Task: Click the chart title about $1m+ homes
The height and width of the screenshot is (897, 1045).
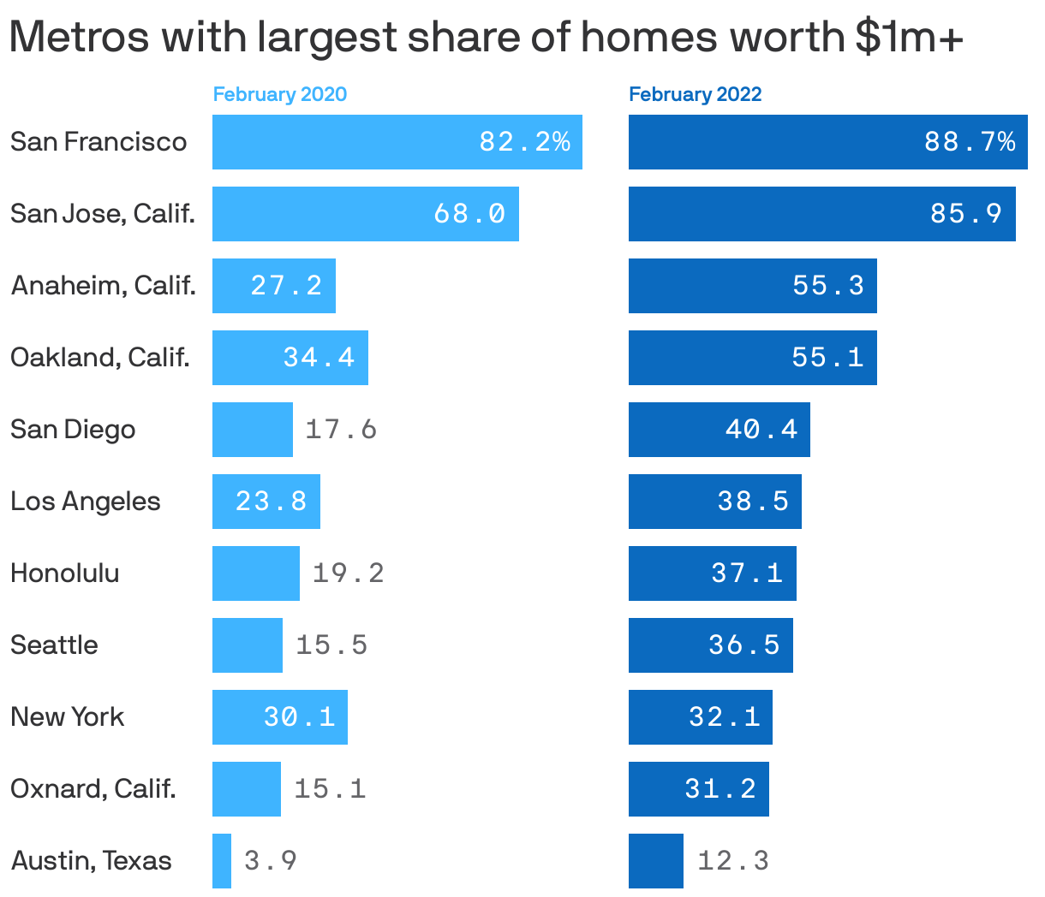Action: click(x=487, y=37)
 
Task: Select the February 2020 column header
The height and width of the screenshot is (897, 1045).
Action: click(x=280, y=94)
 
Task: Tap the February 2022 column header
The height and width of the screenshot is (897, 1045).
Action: click(x=695, y=94)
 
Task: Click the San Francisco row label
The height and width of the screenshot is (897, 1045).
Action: click(x=99, y=141)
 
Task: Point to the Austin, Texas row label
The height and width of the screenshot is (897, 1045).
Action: click(x=91, y=860)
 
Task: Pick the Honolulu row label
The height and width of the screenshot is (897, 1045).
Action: click(x=65, y=573)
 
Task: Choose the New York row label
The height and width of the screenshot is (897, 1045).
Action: click(x=68, y=716)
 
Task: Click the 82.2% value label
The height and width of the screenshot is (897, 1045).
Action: click(x=524, y=141)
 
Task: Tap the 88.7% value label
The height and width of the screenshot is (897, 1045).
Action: click(x=970, y=141)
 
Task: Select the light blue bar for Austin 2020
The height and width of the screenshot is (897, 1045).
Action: click(x=222, y=860)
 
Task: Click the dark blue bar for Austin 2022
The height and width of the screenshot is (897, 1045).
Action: click(x=655, y=860)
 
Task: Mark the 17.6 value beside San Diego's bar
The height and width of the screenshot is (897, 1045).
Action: click(x=341, y=429)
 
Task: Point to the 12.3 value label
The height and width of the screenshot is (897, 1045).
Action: click(x=733, y=860)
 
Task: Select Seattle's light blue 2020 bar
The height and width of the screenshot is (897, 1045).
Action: click(x=248, y=645)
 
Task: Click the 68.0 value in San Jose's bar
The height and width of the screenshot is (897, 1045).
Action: click(x=469, y=213)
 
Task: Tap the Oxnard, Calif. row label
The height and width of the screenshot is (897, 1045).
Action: click(x=93, y=788)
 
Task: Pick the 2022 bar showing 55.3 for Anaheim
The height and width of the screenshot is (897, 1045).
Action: click(x=752, y=285)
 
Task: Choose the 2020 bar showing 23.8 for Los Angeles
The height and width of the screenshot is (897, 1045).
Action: click(x=266, y=501)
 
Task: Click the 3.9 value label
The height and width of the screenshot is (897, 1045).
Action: click(x=271, y=860)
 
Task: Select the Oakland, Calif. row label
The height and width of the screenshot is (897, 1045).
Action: click(x=100, y=357)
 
